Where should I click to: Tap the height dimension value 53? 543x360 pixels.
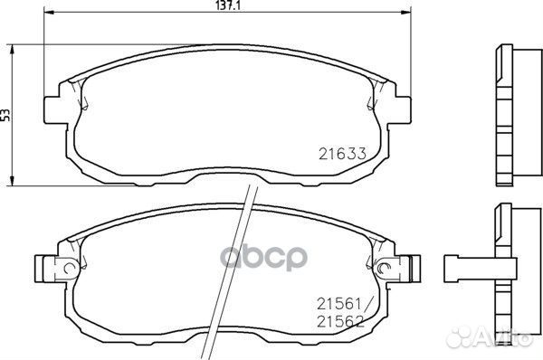coord(6,114)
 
